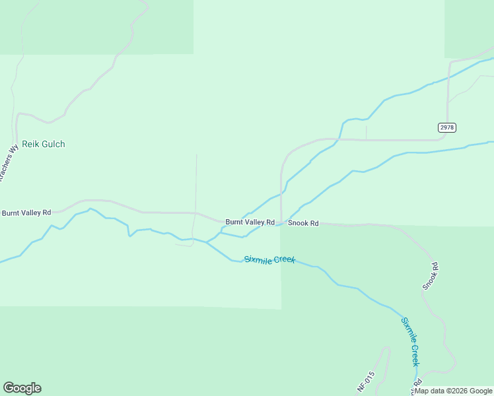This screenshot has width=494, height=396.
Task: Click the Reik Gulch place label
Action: point(44,144)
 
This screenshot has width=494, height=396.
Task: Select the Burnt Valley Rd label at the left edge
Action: point(26,213)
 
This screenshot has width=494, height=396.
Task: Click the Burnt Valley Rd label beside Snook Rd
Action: point(250,222)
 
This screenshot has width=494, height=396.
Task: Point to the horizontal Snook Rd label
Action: point(303,224)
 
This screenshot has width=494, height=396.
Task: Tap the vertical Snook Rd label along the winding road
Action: point(431,276)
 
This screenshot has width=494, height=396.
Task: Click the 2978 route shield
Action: point(447,127)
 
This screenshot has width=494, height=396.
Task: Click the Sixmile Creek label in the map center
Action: point(269,259)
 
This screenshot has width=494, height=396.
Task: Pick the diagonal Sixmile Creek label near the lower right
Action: point(410,341)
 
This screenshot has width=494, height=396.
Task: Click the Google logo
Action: point(22,388)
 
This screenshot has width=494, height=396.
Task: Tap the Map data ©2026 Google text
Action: point(454,391)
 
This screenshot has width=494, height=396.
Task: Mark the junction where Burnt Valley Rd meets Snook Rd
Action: point(282,223)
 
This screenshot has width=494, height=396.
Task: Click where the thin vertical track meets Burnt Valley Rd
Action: point(195,213)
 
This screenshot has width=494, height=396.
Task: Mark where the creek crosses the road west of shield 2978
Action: point(338,139)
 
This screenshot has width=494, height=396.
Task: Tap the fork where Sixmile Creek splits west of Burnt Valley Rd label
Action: point(207,242)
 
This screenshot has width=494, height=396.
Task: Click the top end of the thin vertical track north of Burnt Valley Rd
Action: point(197,154)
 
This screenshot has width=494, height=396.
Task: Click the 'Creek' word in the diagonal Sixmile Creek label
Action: point(414,353)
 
